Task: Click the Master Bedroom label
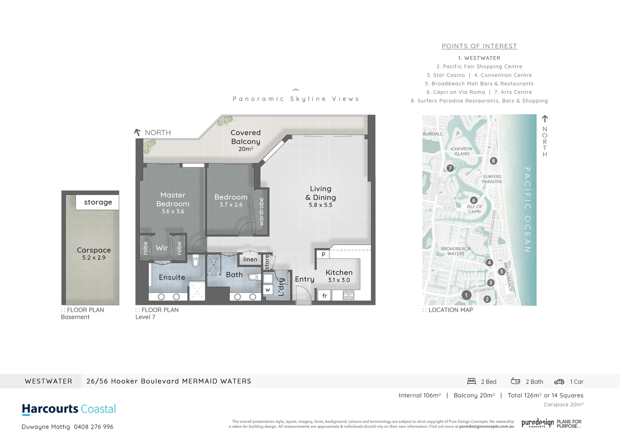(x=173, y=200)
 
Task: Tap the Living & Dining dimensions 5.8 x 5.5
(x=320, y=205)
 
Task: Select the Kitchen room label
(x=339, y=273)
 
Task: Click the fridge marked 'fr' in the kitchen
(x=325, y=296)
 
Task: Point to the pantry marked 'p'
(x=323, y=254)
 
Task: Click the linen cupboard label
(x=250, y=259)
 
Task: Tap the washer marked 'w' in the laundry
(x=267, y=290)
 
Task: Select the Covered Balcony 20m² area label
(x=245, y=140)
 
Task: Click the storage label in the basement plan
(x=98, y=202)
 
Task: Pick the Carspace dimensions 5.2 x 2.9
(x=94, y=258)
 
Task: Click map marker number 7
(x=450, y=168)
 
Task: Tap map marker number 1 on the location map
(x=466, y=295)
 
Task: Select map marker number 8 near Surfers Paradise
(x=493, y=161)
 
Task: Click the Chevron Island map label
(x=462, y=151)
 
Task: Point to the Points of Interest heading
(x=479, y=46)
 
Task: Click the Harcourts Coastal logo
(x=69, y=409)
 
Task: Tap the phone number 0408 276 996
(x=94, y=427)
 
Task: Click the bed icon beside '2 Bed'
(x=471, y=381)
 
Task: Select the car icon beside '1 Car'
(x=559, y=382)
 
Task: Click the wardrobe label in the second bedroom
(x=261, y=212)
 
